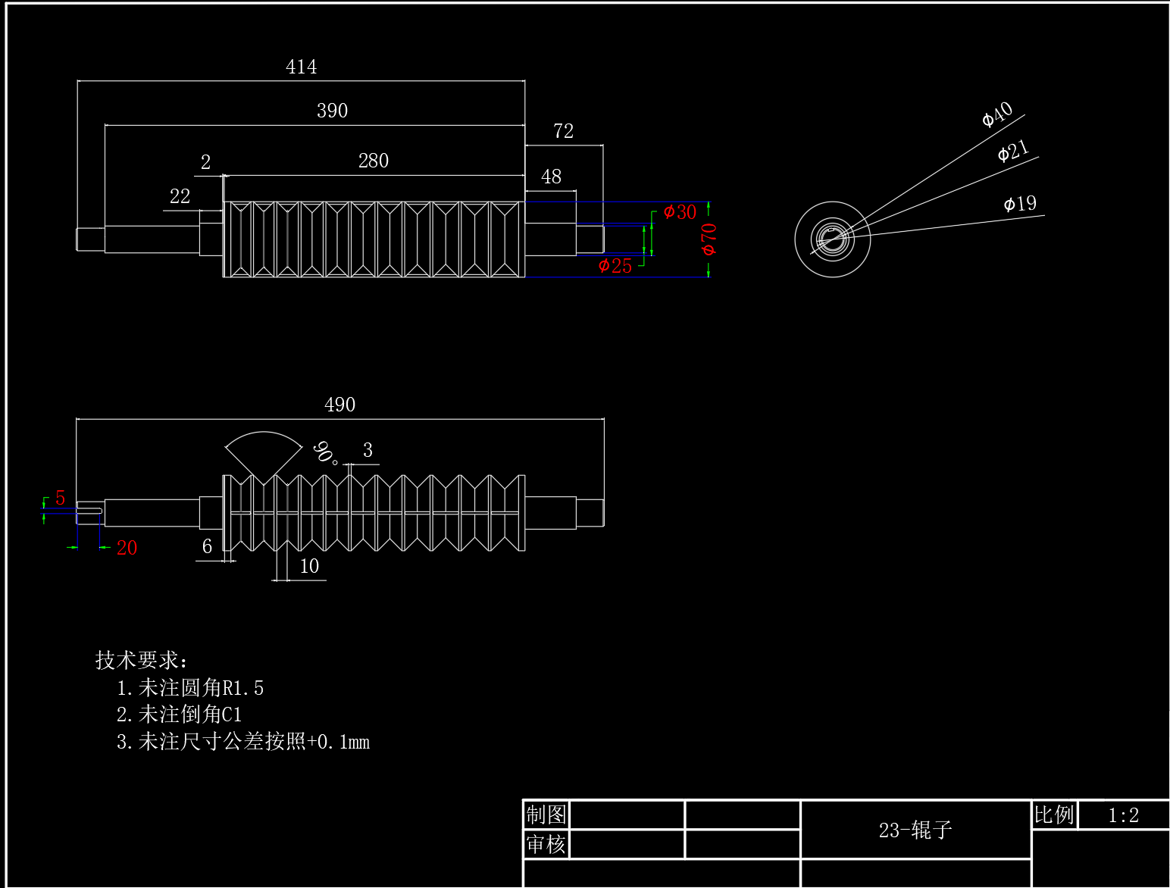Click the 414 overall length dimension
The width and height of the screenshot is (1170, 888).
pos(301,67)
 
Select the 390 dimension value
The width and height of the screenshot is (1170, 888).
pos(332,111)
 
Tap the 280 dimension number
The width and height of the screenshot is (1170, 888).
pos(373,161)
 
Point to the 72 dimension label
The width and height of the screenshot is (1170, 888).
pos(563,131)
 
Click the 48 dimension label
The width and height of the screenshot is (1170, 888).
pos(551,177)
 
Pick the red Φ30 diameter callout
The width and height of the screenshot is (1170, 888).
pos(680,212)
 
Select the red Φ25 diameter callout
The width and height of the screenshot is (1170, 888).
pos(615,266)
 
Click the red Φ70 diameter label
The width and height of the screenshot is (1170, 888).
pos(709,239)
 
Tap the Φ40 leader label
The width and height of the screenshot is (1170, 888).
pos(997,114)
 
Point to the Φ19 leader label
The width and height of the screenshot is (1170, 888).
pos(1020,204)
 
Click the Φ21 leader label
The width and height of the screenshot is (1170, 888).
pos(1013,151)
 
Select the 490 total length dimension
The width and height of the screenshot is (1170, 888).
pos(339,405)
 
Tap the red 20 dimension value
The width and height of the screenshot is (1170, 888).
pos(127,548)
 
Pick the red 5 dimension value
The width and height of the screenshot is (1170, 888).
pos(60,498)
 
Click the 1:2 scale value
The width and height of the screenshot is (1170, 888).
pos(1123,815)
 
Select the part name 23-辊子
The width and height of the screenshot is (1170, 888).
pos(915,830)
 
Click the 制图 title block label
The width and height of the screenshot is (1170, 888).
pos(546,815)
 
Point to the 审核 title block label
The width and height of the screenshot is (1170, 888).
pos(546,844)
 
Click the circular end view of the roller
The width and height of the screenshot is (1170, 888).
pos(832,239)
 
